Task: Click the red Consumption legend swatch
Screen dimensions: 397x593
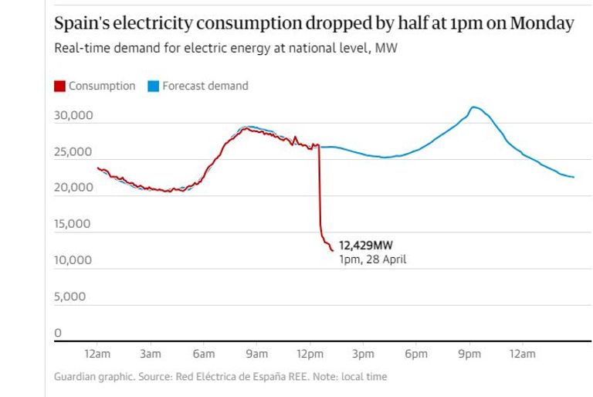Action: [x=59, y=87]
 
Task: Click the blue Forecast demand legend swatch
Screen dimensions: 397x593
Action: [x=153, y=87]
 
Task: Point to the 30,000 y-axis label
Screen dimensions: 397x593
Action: [x=73, y=116]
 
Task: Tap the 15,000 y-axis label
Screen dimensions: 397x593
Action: [x=73, y=224]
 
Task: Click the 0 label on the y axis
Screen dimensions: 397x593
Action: [x=57, y=333]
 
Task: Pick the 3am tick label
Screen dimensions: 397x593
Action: [x=151, y=355]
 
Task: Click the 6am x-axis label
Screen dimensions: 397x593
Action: [x=203, y=355]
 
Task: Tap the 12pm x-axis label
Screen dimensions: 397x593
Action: [x=310, y=355]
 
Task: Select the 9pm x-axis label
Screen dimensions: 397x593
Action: [x=469, y=355]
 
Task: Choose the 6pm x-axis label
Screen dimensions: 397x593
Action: [x=415, y=355]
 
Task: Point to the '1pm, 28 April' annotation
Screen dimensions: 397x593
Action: [x=372, y=260]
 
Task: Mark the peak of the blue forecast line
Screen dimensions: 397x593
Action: [x=473, y=107]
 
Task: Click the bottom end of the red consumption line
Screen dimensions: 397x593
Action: [x=332, y=250]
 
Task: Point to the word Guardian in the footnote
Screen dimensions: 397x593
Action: [x=76, y=377]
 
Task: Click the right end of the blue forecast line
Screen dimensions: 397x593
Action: [x=574, y=178]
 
